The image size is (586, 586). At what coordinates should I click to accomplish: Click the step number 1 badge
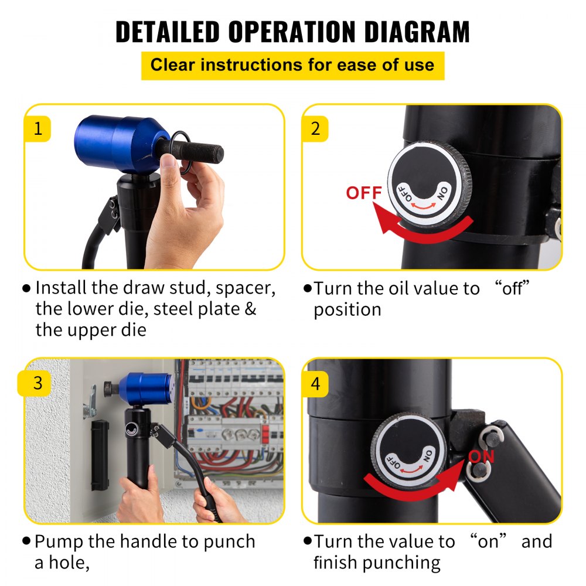pyautogui.click(x=38, y=128)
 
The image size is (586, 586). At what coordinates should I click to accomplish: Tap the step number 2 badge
pyautogui.click(x=315, y=128)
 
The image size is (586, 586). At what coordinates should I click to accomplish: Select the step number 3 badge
pyautogui.click(x=38, y=383)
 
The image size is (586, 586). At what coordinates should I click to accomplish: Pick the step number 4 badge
pyautogui.click(x=315, y=383)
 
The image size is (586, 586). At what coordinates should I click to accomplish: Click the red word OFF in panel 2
pyautogui.click(x=364, y=193)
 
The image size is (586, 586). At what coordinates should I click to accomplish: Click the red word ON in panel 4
pyautogui.click(x=482, y=456)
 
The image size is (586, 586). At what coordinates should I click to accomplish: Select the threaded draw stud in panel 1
pyautogui.click(x=202, y=154)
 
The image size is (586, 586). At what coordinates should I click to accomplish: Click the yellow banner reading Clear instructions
pyautogui.click(x=292, y=65)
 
